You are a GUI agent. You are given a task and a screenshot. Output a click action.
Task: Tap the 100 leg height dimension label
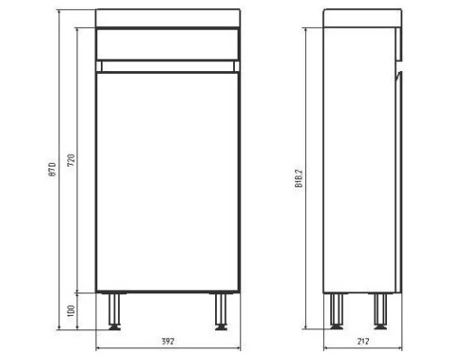click(x=71, y=310)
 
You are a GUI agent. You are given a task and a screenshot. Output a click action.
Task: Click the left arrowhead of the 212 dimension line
click(x=326, y=349)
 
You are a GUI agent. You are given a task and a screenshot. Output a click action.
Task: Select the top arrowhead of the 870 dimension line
click(x=60, y=12)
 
